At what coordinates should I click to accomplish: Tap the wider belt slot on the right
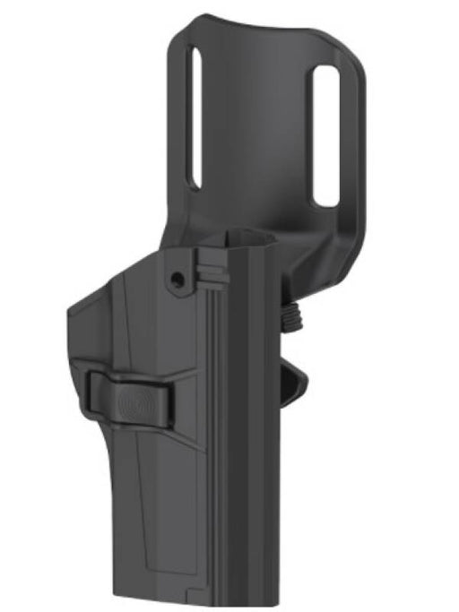[325, 134]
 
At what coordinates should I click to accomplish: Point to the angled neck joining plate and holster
[296, 260]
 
